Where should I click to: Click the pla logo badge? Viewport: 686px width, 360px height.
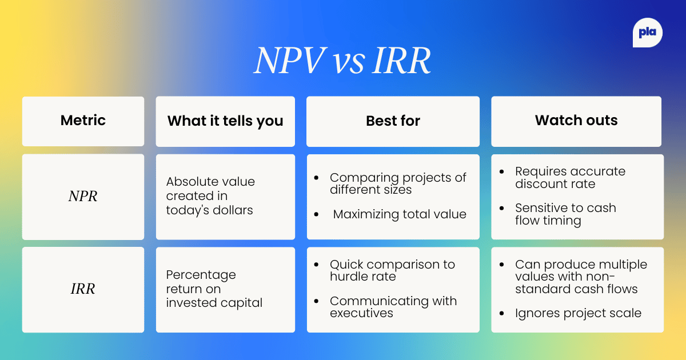click(x=648, y=33)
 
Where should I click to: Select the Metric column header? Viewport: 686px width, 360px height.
click(x=83, y=121)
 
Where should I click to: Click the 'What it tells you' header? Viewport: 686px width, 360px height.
click(x=225, y=121)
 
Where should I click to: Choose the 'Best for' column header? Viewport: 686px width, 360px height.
click(x=393, y=121)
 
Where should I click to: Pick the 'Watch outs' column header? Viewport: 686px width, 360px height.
click(x=576, y=121)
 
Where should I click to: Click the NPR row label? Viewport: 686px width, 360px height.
click(x=83, y=197)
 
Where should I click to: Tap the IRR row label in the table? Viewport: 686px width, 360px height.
click(x=83, y=289)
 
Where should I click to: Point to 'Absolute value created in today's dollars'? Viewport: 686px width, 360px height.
click(x=210, y=196)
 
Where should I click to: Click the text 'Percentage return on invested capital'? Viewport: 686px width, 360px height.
click(x=214, y=289)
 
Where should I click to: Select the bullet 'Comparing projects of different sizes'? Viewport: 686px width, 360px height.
click(x=397, y=183)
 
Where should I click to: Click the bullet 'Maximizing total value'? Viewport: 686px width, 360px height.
click(x=400, y=214)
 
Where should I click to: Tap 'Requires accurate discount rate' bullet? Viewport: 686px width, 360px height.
click(x=569, y=178)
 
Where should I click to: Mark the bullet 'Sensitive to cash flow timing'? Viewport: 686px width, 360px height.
click(x=565, y=214)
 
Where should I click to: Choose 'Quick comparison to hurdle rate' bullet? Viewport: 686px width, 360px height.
click(x=392, y=270)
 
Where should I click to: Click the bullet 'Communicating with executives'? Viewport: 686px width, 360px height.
click(x=393, y=307)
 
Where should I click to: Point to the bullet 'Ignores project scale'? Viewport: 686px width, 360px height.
click(x=578, y=313)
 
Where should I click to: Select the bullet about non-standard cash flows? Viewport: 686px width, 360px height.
click(x=580, y=277)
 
